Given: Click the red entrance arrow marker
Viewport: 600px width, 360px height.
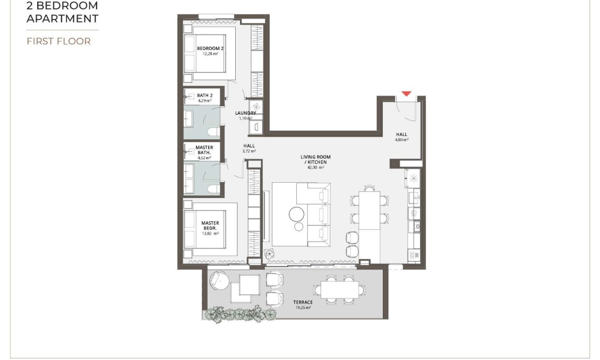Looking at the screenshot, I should [x=406, y=94].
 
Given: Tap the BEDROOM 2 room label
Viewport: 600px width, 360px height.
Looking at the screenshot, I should [x=210, y=49].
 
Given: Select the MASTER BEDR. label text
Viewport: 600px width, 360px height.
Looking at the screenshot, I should [x=210, y=226].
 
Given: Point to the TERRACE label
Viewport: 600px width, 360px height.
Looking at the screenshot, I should [x=303, y=302].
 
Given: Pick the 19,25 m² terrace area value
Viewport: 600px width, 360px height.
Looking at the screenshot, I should [x=303, y=307].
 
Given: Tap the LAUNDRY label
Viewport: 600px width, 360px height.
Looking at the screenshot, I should [x=246, y=113].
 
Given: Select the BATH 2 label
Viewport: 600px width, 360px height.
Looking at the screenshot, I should [x=204, y=96].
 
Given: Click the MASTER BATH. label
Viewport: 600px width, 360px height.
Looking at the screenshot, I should [x=204, y=150].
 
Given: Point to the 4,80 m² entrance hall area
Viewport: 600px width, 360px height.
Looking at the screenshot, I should [x=401, y=140].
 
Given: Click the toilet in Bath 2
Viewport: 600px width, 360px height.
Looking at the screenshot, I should [x=213, y=132].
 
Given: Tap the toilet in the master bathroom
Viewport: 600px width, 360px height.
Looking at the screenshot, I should [x=213, y=188].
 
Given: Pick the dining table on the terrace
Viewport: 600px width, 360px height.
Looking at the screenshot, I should [x=339, y=289].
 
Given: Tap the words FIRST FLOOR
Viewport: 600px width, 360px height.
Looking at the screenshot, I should [x=58, y=41].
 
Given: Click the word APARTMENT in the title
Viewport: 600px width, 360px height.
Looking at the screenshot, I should [x=62, y=19].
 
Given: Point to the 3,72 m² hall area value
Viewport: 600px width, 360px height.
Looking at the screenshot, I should [x=249, y=151].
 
